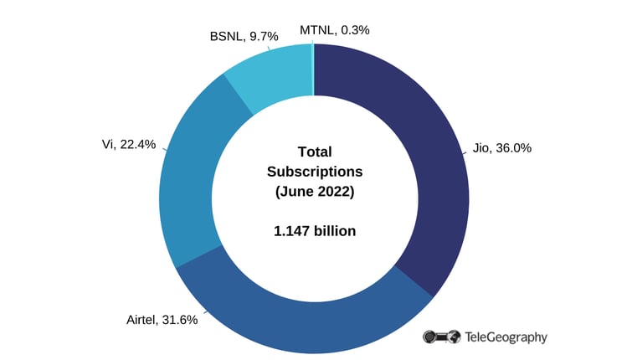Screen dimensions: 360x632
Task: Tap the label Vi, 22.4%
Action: tap(128, 144)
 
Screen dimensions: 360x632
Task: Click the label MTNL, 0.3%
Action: tap(335, 29)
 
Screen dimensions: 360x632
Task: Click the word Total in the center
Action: tap(315, 152)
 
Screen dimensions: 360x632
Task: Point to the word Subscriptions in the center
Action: tap(315, 172)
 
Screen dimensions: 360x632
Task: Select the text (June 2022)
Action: tap(315, 192)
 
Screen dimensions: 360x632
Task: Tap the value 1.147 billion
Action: tap(315, 230)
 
